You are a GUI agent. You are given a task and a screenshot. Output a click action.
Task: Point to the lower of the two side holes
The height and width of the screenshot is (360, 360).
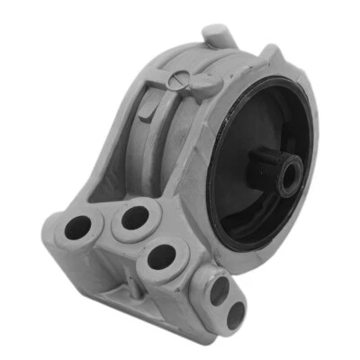point(236,313)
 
